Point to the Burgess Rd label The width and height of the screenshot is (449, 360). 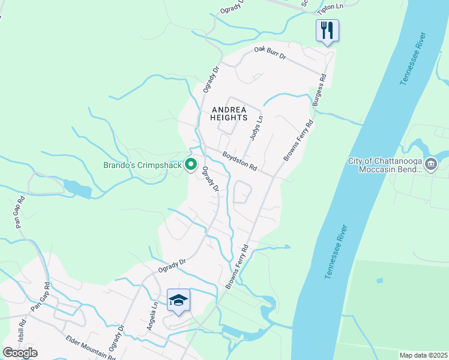click(x=319, y=90)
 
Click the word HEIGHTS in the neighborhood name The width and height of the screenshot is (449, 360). click(x=228, y=118)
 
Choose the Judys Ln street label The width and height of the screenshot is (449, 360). click(x=256, y=128)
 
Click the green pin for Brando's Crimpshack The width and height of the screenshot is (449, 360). click(x=191, y=163)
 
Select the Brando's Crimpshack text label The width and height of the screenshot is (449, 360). click(x=142, y=164)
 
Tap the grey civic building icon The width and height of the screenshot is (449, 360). click(x=431, y=164)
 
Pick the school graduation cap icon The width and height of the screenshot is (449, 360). click(x=178, y=299)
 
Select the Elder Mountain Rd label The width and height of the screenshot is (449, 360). click(x=90, y=347)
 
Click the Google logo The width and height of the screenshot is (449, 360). click(x=20, y=352)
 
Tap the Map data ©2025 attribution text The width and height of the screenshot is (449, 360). click(x=423, y=355)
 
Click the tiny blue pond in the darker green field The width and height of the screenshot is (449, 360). click(x=379, y=280)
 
